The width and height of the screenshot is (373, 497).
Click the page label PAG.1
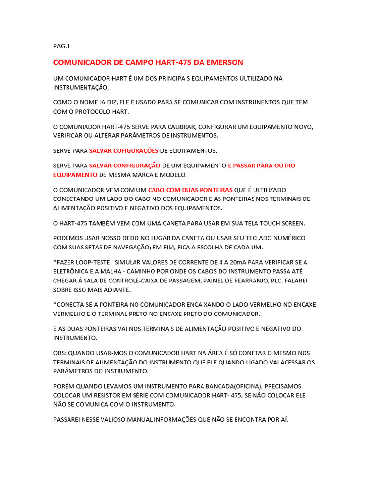click(62, 46)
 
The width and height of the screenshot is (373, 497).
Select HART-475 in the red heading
click(174, 62)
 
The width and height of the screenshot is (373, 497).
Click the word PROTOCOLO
click(87, 112)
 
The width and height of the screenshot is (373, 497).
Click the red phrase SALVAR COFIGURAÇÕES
click(124, 150)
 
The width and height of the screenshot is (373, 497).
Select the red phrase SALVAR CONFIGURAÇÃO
click(125, 166)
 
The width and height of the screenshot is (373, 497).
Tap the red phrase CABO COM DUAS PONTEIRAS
click(190, 190)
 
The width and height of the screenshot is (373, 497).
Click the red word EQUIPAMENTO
click(75, 175)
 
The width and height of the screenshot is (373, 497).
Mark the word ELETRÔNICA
click(75, 271)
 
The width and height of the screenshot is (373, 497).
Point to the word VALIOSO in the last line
click(111, 419)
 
